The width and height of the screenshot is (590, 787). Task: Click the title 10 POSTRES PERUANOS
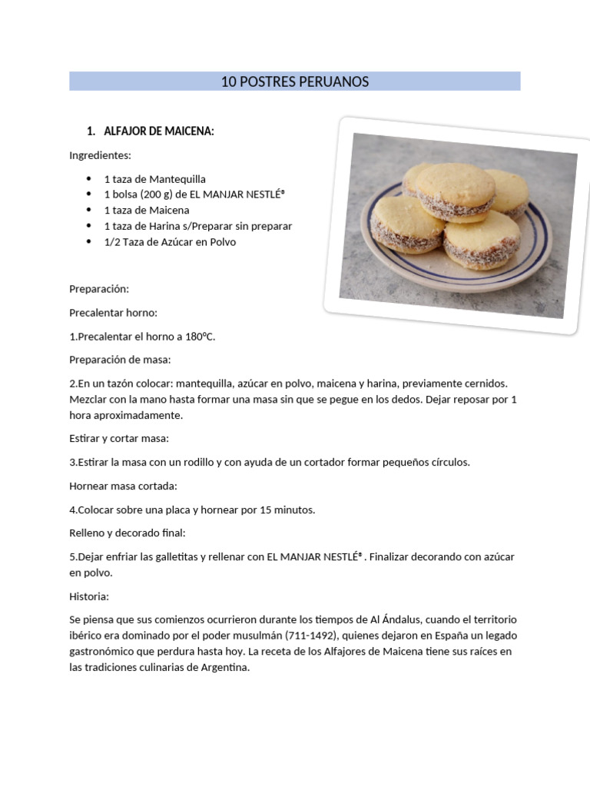pyautogui.click(x=295, y=81)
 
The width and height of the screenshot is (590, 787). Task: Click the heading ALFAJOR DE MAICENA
pyautogui.click(x=158, y=132)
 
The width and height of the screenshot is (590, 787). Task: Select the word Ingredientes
pyautogui.click(x=100, y=155)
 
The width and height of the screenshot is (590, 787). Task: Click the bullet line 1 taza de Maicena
pyautogui.click(x=146, y=211)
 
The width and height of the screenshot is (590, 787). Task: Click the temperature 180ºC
pyautogui.click(x=199, y=337)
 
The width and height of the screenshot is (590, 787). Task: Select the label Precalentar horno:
pyautogui.click(x=112, y=313)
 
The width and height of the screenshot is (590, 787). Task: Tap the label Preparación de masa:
pyautogui.click(x=120, y=360)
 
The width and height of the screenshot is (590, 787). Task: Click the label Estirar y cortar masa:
pyautogui.click(x=118, y=439)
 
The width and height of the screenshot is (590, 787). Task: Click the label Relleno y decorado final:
pyautogui.click(x=127, y=533)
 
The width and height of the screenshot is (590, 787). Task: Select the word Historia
pyautogui.click(x=88, y=596)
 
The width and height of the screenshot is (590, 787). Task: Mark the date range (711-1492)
pyautogui.click(x=313, y=636)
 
